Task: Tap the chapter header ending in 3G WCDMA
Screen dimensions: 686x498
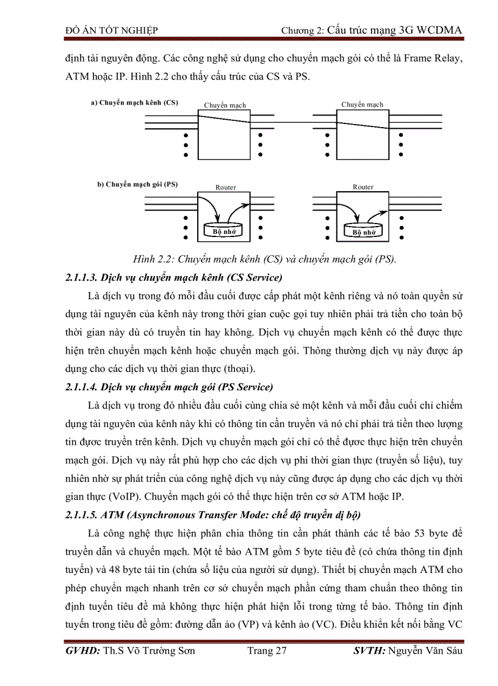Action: pos(371,29)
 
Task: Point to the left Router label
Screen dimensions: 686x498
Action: pos(225,188)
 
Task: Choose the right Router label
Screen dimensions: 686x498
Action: pos(363,187)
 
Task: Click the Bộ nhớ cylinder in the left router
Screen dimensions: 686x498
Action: pos(223,232)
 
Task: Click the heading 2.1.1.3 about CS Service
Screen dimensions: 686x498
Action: pos(173,278)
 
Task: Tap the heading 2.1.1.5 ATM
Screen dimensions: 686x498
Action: pos(213,516)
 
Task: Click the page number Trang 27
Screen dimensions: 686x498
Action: pos(267,651)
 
